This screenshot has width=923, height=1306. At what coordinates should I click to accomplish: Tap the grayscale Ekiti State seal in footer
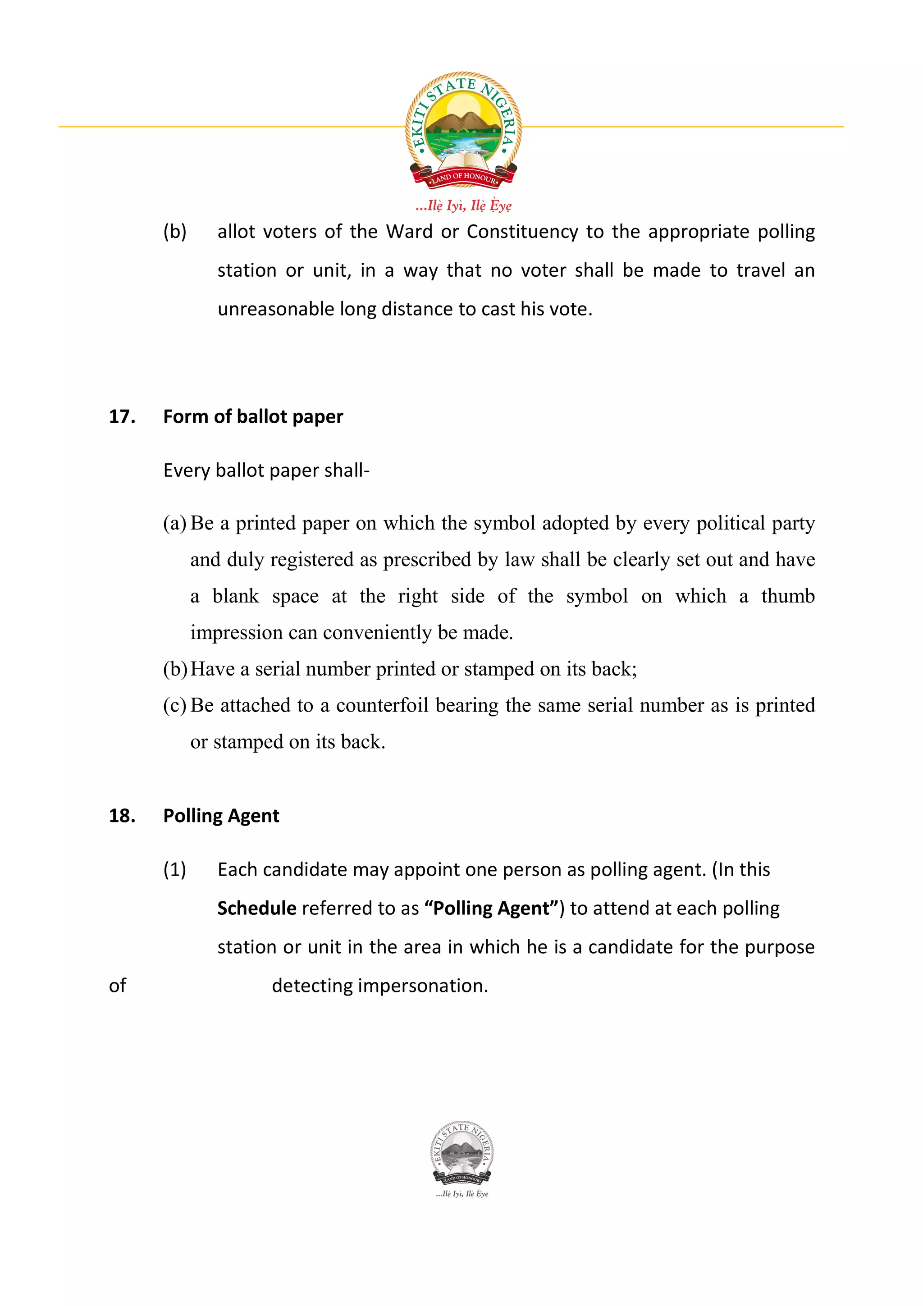coord(462,1152)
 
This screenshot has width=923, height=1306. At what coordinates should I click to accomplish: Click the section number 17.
coord(122,416)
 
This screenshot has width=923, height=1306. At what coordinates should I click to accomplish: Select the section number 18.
coord(122,816)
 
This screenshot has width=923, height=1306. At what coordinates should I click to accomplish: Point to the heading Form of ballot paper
coord(253,416)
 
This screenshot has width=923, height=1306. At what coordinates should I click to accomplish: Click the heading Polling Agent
coord(221,816)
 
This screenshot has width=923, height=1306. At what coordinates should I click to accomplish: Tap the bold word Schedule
coord(256,909)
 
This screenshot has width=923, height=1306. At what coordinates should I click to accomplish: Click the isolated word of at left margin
coord(117,986)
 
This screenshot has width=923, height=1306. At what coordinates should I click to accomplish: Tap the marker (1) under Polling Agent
coord(174,870)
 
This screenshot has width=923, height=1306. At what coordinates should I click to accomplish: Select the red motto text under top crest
coord(463,205)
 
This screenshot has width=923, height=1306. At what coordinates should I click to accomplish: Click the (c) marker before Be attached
coord(174,705)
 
